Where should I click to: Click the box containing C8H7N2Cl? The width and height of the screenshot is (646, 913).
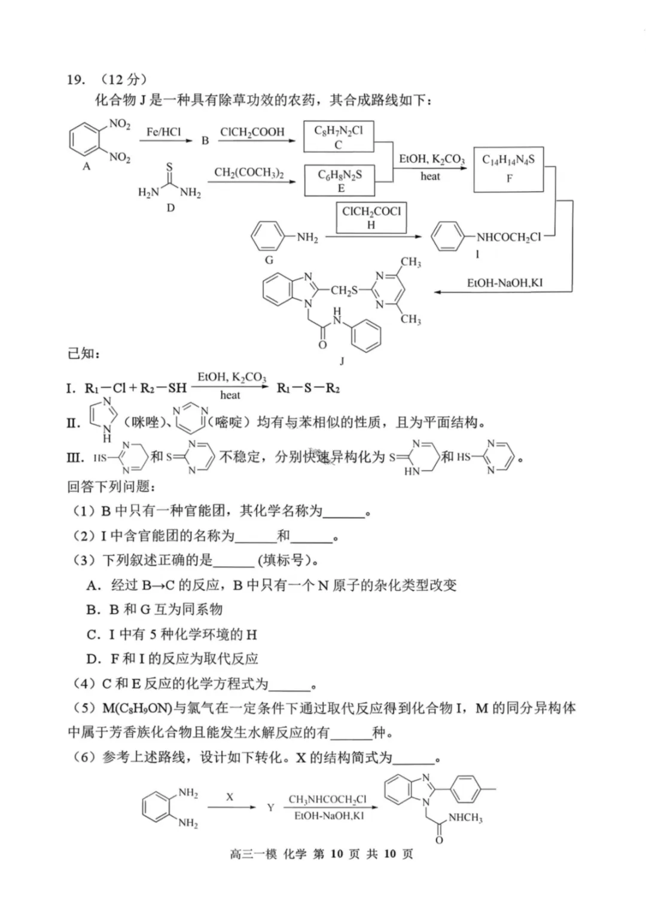339,137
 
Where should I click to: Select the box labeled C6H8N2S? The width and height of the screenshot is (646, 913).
339,180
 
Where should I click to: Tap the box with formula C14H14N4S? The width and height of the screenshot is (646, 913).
508,168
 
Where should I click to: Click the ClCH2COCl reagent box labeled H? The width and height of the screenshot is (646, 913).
371,217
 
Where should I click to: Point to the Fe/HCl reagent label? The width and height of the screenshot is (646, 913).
163,132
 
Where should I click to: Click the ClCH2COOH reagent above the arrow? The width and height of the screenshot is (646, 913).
252,132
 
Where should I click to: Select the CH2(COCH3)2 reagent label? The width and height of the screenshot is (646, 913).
249,173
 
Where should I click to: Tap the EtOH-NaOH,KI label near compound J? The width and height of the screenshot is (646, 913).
505,283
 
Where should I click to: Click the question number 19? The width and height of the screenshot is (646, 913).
76,79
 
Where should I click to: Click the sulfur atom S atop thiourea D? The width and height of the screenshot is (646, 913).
169,167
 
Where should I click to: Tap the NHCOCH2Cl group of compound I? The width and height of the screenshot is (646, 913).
508,237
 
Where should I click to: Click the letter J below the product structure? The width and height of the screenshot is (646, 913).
342,361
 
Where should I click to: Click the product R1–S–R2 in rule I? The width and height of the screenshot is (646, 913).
308,388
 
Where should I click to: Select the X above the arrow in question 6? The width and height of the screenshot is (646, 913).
230,797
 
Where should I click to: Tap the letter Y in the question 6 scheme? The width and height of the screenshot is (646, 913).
270,808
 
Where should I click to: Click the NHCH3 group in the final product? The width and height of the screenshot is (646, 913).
465,817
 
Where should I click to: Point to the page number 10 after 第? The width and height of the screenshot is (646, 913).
337,854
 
